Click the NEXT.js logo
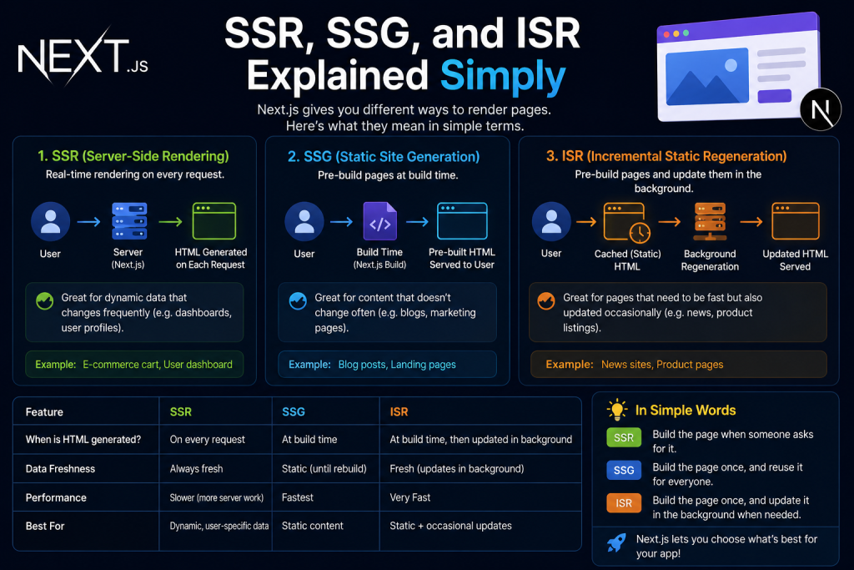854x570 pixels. coord(83,57)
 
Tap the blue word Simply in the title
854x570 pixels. coord(503,76)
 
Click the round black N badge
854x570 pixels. coord(821,109)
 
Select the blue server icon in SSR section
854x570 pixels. coord(129,221)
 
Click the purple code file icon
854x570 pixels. coord(379,220)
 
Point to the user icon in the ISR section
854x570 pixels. coord(551,222)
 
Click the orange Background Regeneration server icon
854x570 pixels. coord(710,222)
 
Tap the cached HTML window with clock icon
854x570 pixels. coord(627,222)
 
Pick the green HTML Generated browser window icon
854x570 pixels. coord(214,220)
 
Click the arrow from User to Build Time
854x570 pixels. coord(341,222)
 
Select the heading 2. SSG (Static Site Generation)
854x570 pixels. coord(384,157)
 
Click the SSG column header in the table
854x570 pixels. coord(294,412)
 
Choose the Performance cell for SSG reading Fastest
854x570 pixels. coord(298,497)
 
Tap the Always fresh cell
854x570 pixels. coord(196,469)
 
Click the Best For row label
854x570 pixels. coord(45,526)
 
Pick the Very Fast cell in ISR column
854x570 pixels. coord(409,497)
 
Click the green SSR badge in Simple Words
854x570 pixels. coord(624,437)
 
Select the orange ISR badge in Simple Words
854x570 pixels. coord(624,503)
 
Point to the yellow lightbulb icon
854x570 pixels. coord(617,410)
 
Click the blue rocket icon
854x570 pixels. coord(616,542)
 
